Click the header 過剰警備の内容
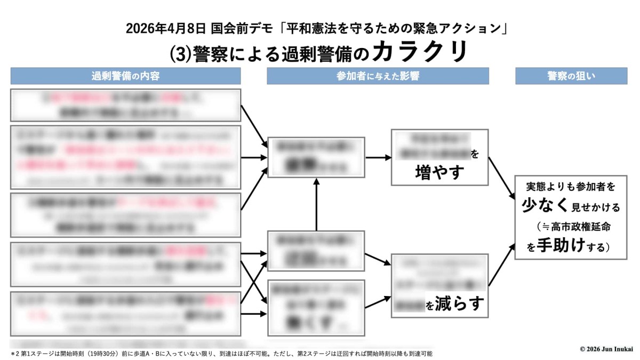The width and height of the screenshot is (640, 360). pos(125,76)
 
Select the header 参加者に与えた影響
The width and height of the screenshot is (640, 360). pos(378,76)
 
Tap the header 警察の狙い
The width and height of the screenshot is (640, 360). pos(571,76)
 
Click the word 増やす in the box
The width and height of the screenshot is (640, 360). pos(439,172)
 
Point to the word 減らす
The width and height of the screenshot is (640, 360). pos(460,304)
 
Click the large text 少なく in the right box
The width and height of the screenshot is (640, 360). pos(539,205)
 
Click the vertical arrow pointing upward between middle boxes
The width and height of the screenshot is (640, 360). pos(317,205)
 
